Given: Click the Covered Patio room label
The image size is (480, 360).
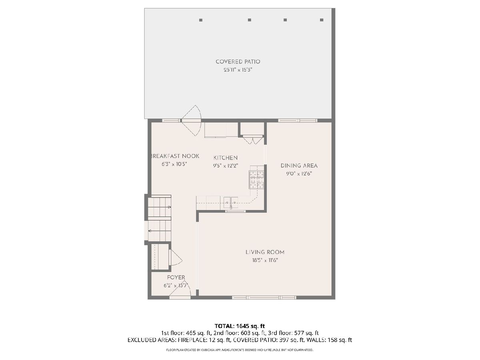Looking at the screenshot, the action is [x=238, y=62].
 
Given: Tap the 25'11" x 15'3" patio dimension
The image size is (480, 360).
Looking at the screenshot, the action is [x=238, y=70].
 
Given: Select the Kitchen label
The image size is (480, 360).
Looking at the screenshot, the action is [x=226, y=158].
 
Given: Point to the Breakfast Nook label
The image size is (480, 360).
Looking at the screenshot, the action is [x=175, y=156].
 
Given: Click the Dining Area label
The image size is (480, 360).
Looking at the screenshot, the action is [x=299, y=166].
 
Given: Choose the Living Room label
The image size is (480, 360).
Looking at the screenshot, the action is [x=265, y=252].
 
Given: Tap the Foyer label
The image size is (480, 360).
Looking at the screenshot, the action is [x=176, y=278].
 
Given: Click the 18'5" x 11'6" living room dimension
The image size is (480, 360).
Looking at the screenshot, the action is [x=265, y=260].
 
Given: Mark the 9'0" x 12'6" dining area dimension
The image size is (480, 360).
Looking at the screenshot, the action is [x=299, y=174].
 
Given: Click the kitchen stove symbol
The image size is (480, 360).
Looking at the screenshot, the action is [x=256, y=180].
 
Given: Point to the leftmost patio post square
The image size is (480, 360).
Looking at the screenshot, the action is [x=201, y=20].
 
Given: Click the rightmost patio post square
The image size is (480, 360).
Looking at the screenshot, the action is [x=322, y=20].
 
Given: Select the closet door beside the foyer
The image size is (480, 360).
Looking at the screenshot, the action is [x=175, y=258].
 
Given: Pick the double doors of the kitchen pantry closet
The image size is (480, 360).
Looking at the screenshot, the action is [x=253, y=140].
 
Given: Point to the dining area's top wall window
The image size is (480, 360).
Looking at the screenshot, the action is [x=298, y=120].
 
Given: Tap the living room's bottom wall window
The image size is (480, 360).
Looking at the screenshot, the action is [x=264, y=298].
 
